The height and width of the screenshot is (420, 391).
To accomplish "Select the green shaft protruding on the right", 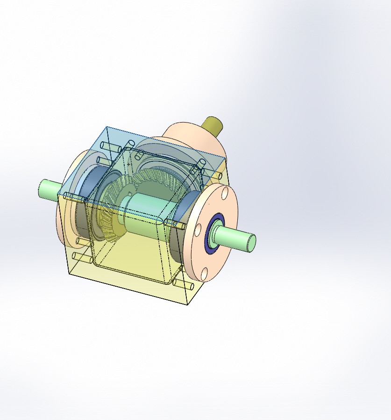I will coord(234,237).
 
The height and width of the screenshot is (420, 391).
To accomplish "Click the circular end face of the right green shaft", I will coord(250,242).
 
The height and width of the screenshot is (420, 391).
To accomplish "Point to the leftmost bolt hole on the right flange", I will coord(198,229).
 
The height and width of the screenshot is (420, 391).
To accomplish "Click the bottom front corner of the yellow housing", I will coord(188,305).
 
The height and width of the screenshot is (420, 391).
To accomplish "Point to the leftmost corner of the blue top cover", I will coord(57,194).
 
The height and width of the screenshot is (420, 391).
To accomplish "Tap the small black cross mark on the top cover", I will coord(129,165).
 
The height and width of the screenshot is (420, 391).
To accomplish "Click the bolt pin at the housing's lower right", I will coord(182,283).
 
